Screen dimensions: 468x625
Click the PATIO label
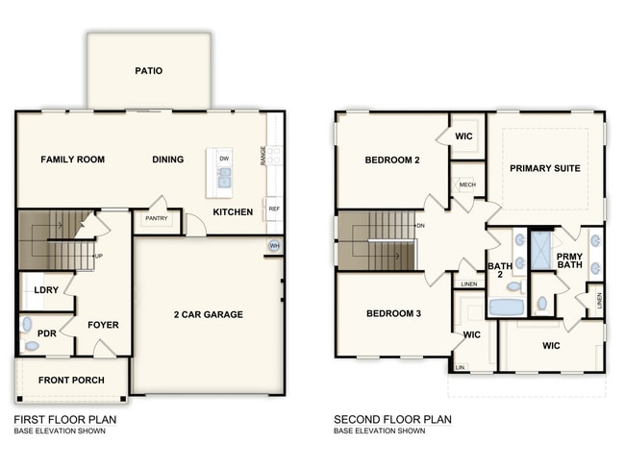149,71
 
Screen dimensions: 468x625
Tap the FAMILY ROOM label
72,160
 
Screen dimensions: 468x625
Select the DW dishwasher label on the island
224,158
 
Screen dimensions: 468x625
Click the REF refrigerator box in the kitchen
274,209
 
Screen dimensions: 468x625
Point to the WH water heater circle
274,245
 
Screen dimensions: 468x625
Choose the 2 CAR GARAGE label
208,314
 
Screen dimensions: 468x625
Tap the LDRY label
47,290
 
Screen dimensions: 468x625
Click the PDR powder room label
47,333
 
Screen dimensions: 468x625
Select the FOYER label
103,325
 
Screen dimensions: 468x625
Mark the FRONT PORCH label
71,381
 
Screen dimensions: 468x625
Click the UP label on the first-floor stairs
98,257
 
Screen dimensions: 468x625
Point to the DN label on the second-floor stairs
420,226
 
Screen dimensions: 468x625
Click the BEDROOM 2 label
392,160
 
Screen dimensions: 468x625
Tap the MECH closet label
467,185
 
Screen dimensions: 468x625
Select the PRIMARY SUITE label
545,168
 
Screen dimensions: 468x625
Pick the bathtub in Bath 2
506,308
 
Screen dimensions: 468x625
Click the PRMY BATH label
570,260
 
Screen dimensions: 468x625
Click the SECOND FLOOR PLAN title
392,420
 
